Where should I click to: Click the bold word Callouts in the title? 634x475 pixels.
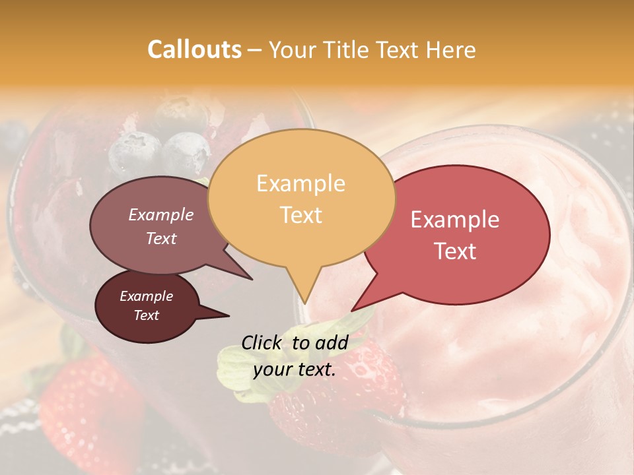click(x=194, y=49)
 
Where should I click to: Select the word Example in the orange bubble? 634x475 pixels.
click(x=300, y=183)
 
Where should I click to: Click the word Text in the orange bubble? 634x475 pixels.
click(x=300, y=214)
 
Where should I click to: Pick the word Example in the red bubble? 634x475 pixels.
click(x=455, y=220)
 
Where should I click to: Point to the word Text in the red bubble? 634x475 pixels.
click(x=455, y=251)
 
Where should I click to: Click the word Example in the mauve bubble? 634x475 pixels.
click(x=160, y=214)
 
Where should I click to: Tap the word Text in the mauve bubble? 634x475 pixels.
click(x=160, y=238)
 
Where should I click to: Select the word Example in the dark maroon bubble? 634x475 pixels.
click(x=146, y=296)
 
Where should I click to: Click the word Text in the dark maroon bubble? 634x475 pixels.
click(x=146, y=315)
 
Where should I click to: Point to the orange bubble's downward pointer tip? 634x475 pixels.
click(x=304, y=303)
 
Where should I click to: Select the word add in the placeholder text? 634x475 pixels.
click(x=332, y=342)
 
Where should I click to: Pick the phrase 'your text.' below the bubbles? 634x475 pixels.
click(x=295, y=369)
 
